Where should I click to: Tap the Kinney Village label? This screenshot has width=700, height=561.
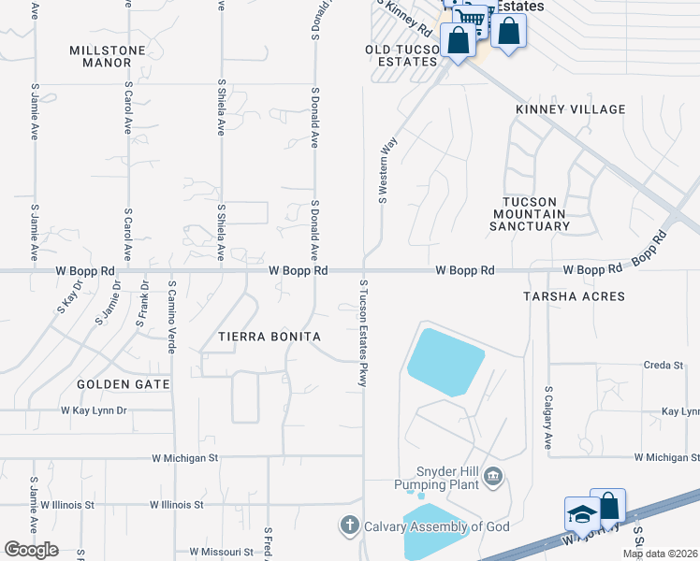pos(570,109)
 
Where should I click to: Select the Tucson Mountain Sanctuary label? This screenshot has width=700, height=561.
pos(531,214)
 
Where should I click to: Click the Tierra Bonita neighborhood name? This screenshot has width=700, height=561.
pos(270,337)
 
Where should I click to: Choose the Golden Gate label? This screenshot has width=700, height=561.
pos(124,384)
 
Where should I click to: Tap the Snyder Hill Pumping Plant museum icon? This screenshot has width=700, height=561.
pos(493,480)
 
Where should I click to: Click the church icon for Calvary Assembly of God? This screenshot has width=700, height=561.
pos(350,526)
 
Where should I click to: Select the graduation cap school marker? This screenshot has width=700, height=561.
pos(581,513)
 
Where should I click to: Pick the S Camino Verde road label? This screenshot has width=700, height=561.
pos(172,316)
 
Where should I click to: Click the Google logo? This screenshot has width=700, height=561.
pos(32,550)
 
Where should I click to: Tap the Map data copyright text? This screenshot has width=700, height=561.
pos(660,554)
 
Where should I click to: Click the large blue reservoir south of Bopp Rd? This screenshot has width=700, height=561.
pos(445,361)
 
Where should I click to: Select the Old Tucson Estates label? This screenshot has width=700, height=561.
pos(401,55)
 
